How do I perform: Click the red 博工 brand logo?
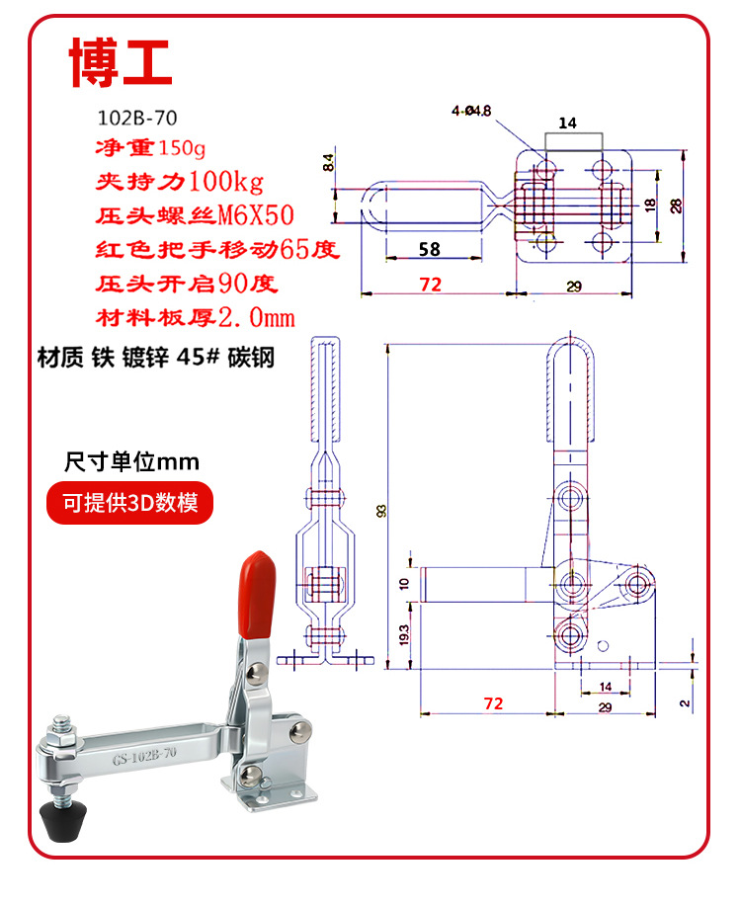(121, 62)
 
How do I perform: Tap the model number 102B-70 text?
(137, 118)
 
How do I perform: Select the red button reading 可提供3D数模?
(130, 503)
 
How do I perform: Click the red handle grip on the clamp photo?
(257, 594)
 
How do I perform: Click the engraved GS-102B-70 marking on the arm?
(144, 756)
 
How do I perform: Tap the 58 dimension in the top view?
(430, 249)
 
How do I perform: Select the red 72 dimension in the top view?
(431, 284)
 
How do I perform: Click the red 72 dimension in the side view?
(494, 703)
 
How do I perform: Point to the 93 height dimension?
(381, 511)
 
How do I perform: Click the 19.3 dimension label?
(404, 634)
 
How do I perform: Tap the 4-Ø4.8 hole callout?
(471, 110)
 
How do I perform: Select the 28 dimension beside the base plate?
(676, 206)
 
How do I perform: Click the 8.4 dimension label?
(328, 162)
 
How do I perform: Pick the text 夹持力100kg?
(180, 182)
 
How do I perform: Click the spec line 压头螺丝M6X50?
(195, 215)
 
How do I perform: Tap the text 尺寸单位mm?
(131, 461)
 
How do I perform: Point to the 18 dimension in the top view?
(650, 205)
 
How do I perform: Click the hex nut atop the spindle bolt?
(61, 738)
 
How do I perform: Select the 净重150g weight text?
(150, 148)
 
